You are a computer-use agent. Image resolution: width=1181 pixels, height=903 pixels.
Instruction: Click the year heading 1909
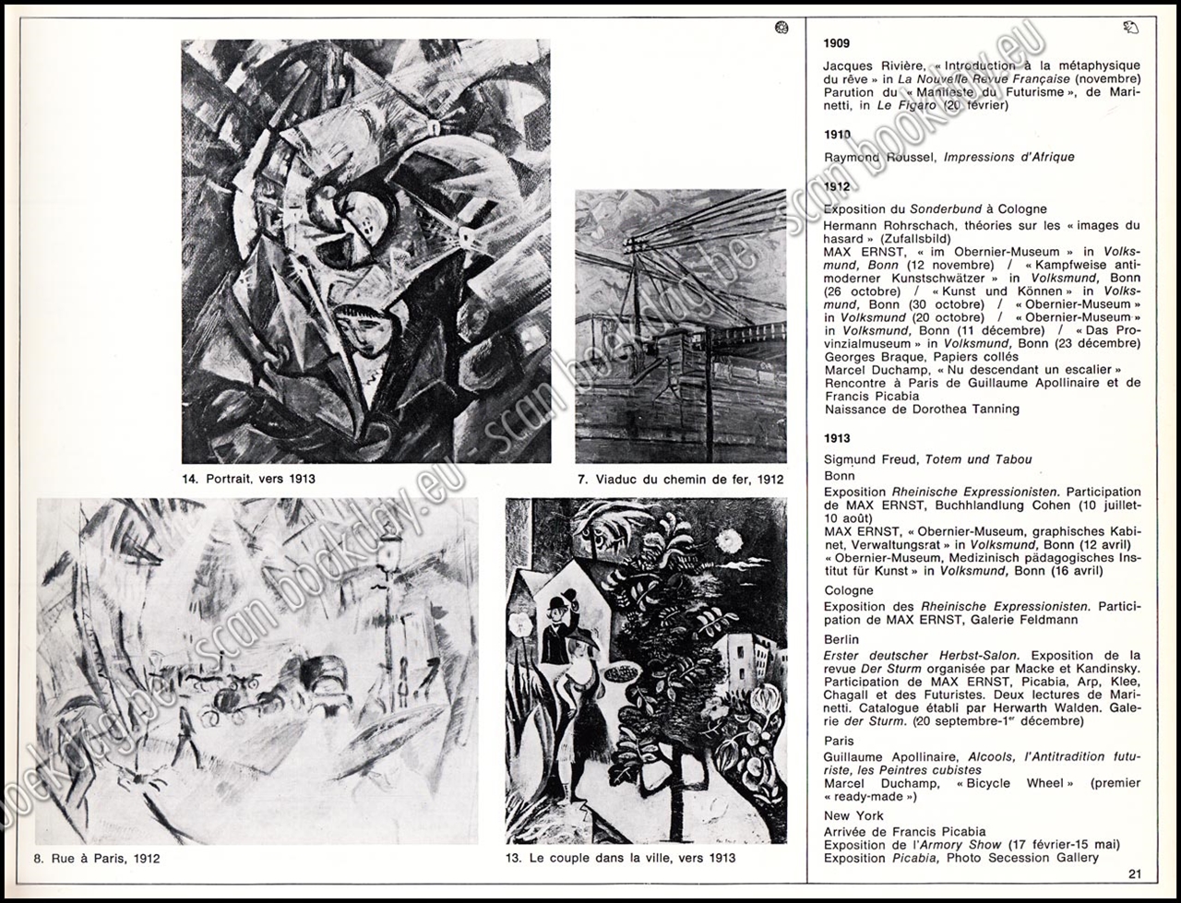click(837, 43)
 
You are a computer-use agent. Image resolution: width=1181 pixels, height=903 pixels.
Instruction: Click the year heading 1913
click(837, 438)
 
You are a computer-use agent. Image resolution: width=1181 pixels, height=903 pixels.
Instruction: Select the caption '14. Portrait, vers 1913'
click(250, 479)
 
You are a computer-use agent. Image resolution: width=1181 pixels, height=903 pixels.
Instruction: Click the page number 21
click(1134, 874)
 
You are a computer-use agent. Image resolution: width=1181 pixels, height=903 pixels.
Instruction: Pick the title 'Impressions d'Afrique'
click(1009, 157)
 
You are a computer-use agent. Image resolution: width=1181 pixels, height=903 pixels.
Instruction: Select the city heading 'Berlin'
click(841, 639)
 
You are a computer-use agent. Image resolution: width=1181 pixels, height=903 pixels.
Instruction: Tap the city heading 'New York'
click(853, 815)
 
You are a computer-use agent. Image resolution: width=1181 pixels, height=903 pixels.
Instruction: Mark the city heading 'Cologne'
click(848, 590)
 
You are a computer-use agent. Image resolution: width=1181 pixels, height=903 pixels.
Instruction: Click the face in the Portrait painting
click(352, 328)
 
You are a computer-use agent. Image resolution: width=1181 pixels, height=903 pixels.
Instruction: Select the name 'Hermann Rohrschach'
click(884, 225)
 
